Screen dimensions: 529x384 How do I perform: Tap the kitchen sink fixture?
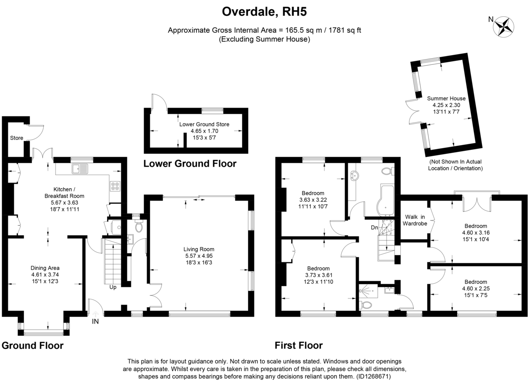pos(80,168)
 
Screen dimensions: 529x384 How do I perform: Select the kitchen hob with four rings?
pos(115,186)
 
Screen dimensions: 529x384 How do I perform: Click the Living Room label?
pos(199,249)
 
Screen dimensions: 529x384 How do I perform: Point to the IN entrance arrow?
pos(95,314)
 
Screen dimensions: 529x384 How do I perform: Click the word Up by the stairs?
pos(113,287)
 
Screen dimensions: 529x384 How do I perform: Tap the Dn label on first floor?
pos(375,227)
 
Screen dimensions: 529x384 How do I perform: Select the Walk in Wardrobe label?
pos(415,220)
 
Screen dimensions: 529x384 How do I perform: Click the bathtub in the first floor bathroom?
pos(385,201)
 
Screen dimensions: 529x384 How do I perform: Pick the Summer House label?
pos(446,98)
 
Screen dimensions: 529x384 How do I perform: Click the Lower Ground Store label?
pos(204,124)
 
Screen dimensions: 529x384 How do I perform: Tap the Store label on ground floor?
pos(17,138)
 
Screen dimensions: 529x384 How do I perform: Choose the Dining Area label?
pos(45,268)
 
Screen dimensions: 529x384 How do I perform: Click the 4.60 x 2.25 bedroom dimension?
pos(476,288)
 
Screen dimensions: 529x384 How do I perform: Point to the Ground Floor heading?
pos(33,346)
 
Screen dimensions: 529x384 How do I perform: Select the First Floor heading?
pos(298,346)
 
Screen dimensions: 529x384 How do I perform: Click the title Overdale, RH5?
pos(264,11)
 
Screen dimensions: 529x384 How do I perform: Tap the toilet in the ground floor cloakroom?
pos(138,226)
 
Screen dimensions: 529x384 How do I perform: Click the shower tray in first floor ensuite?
pos(368,291)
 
